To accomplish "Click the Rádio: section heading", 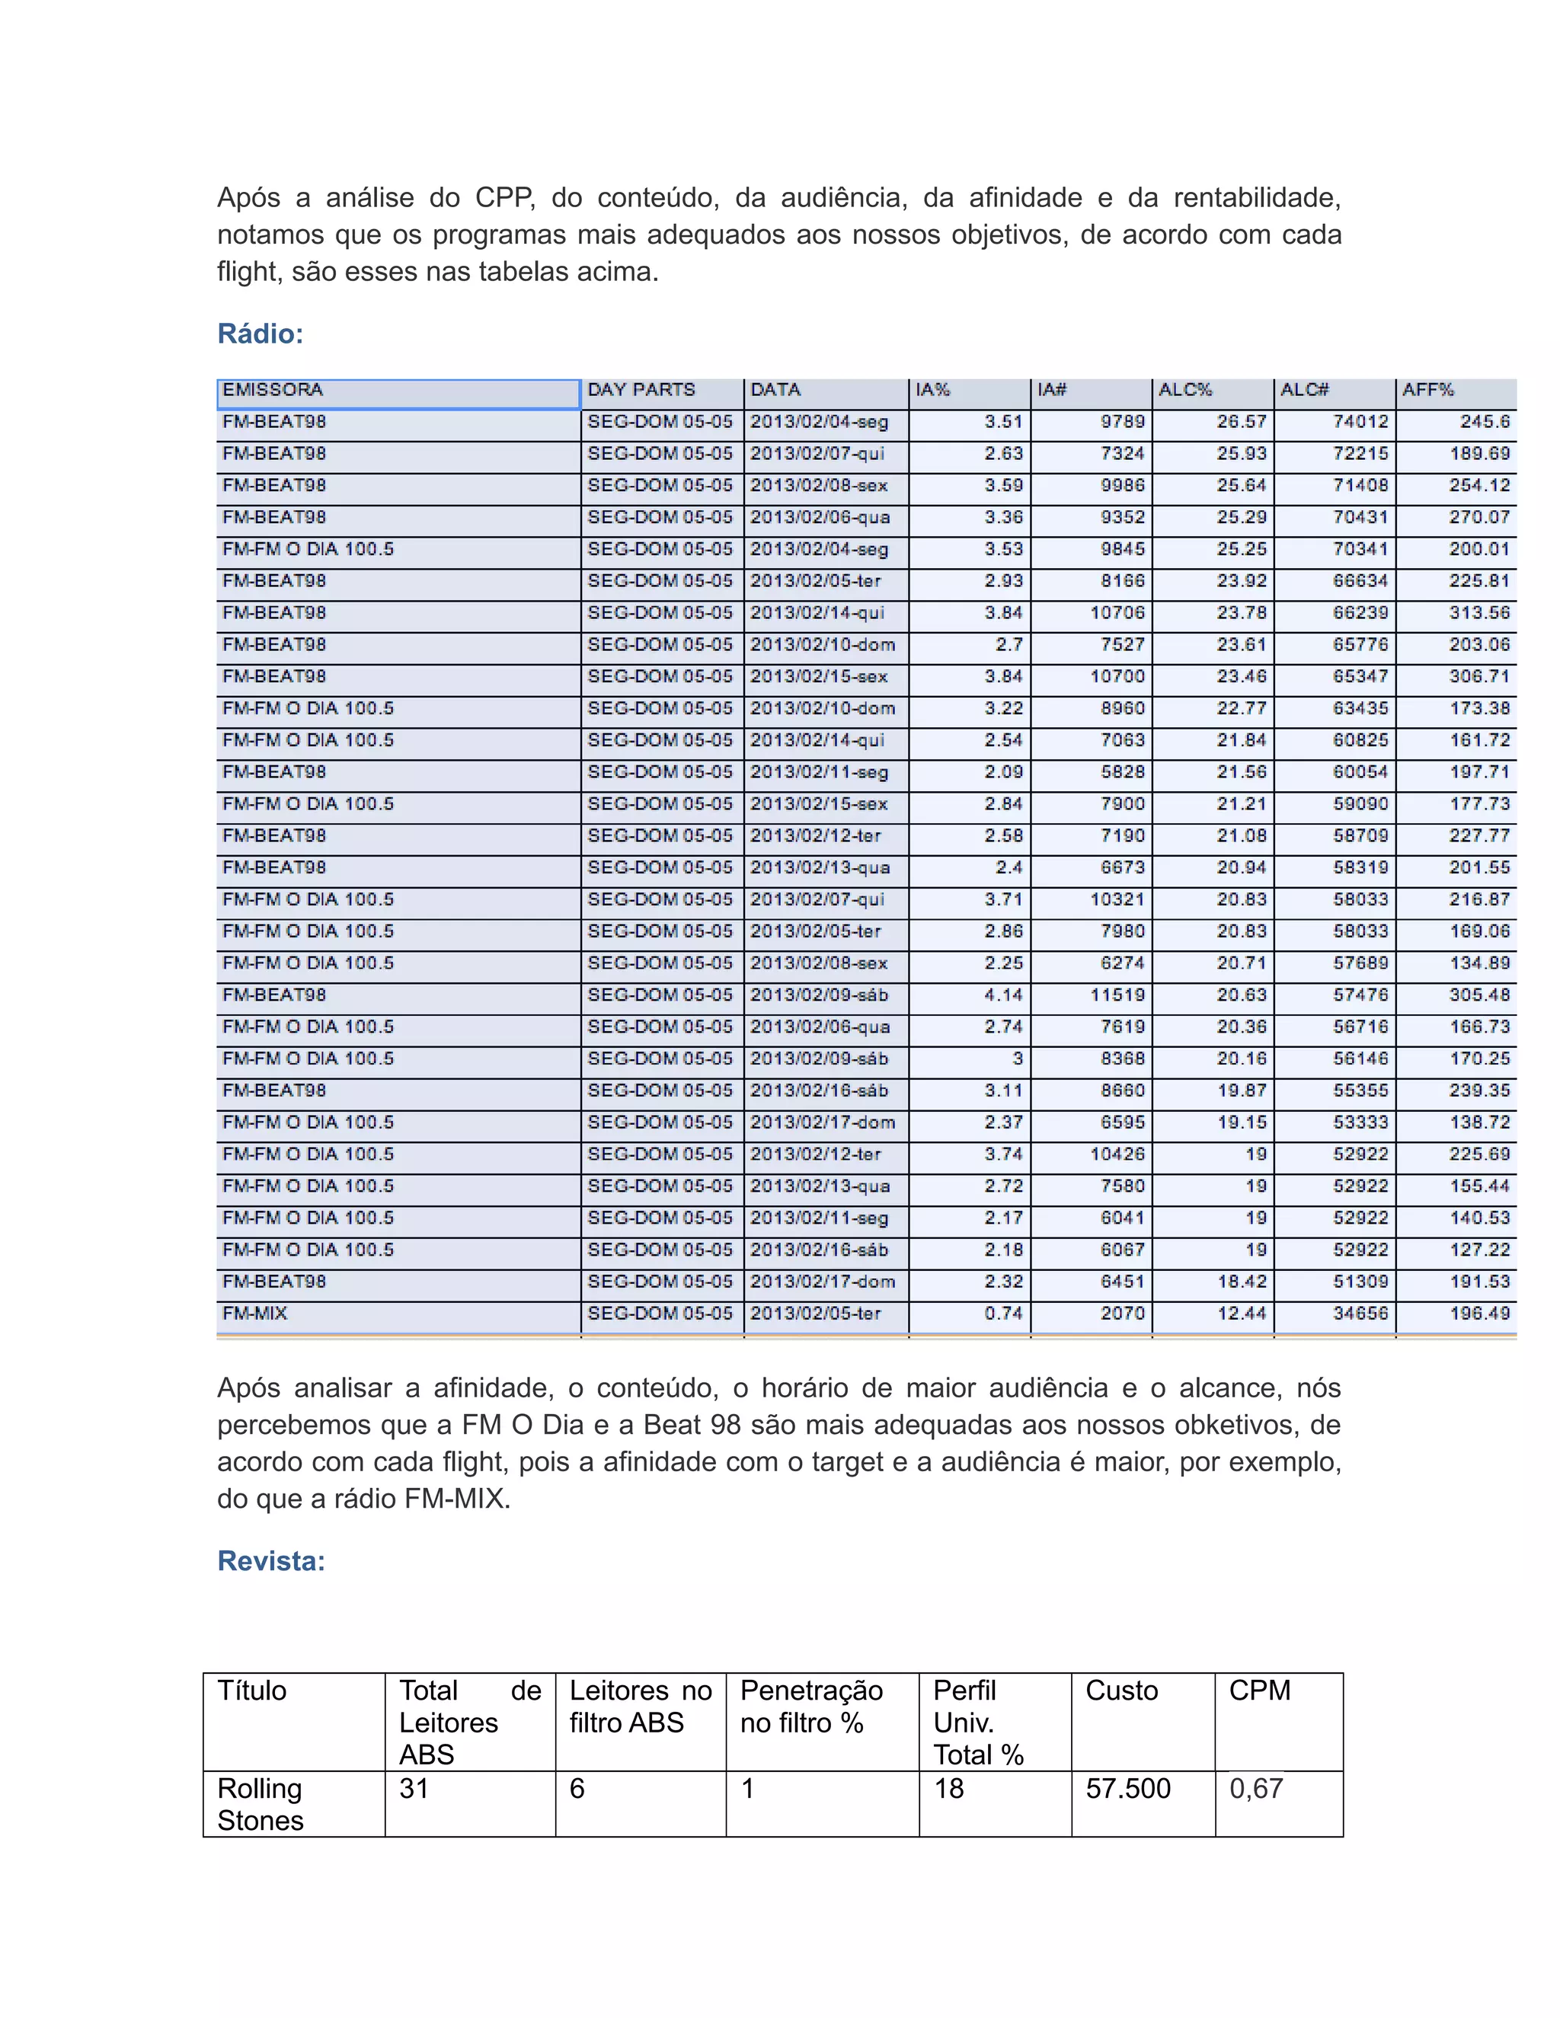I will (x=260, y=334).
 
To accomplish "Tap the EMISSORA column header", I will (x=273, y=390).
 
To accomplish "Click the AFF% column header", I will (x=1428, y=390).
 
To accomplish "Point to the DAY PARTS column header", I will (x=641, y=390).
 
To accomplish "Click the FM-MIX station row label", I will (x=255, y=1313).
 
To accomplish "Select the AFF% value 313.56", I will (x=1478, y=612).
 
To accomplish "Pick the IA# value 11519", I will (x=1117, y=995).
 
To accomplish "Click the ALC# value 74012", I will (x=1360, y=421).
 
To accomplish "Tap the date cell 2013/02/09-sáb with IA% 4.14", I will (x=819, y=995).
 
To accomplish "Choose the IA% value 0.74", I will (x=1004, y=1313).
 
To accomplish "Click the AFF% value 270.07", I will (x=1478, y=517).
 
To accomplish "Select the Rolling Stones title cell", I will (x=261, y=1803).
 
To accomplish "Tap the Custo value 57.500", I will (x=1127, y=1788).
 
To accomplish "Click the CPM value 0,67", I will (x=1256, y=1788).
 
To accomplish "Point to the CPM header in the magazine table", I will (x=1258, y=1690).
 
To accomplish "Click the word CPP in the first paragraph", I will (x=504, y=198).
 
